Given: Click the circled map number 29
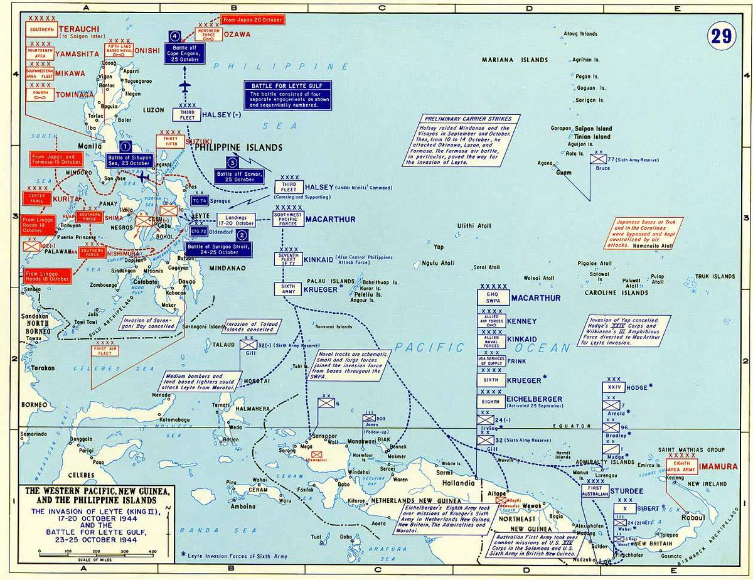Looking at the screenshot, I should pyautogui.click(x=721, y=36).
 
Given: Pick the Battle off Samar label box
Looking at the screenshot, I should pyautogui.click(x=238, y=176).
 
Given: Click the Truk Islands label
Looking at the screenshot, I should pyautogui.click(x=715, y=276).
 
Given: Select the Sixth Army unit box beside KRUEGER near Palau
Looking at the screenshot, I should pyautogui.click(x=289, y=289).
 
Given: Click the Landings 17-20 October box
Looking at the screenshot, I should pyautogui.click(x=236, y=220).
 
